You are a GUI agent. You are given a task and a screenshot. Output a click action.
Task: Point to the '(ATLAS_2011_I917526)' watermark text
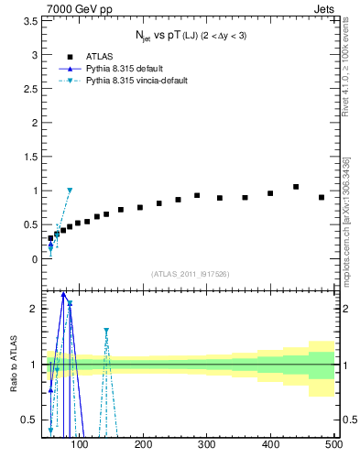point(190,273)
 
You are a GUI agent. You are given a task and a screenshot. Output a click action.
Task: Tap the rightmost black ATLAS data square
point(322,197)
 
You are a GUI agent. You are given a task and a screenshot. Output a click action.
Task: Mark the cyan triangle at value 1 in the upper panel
point(70,191)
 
